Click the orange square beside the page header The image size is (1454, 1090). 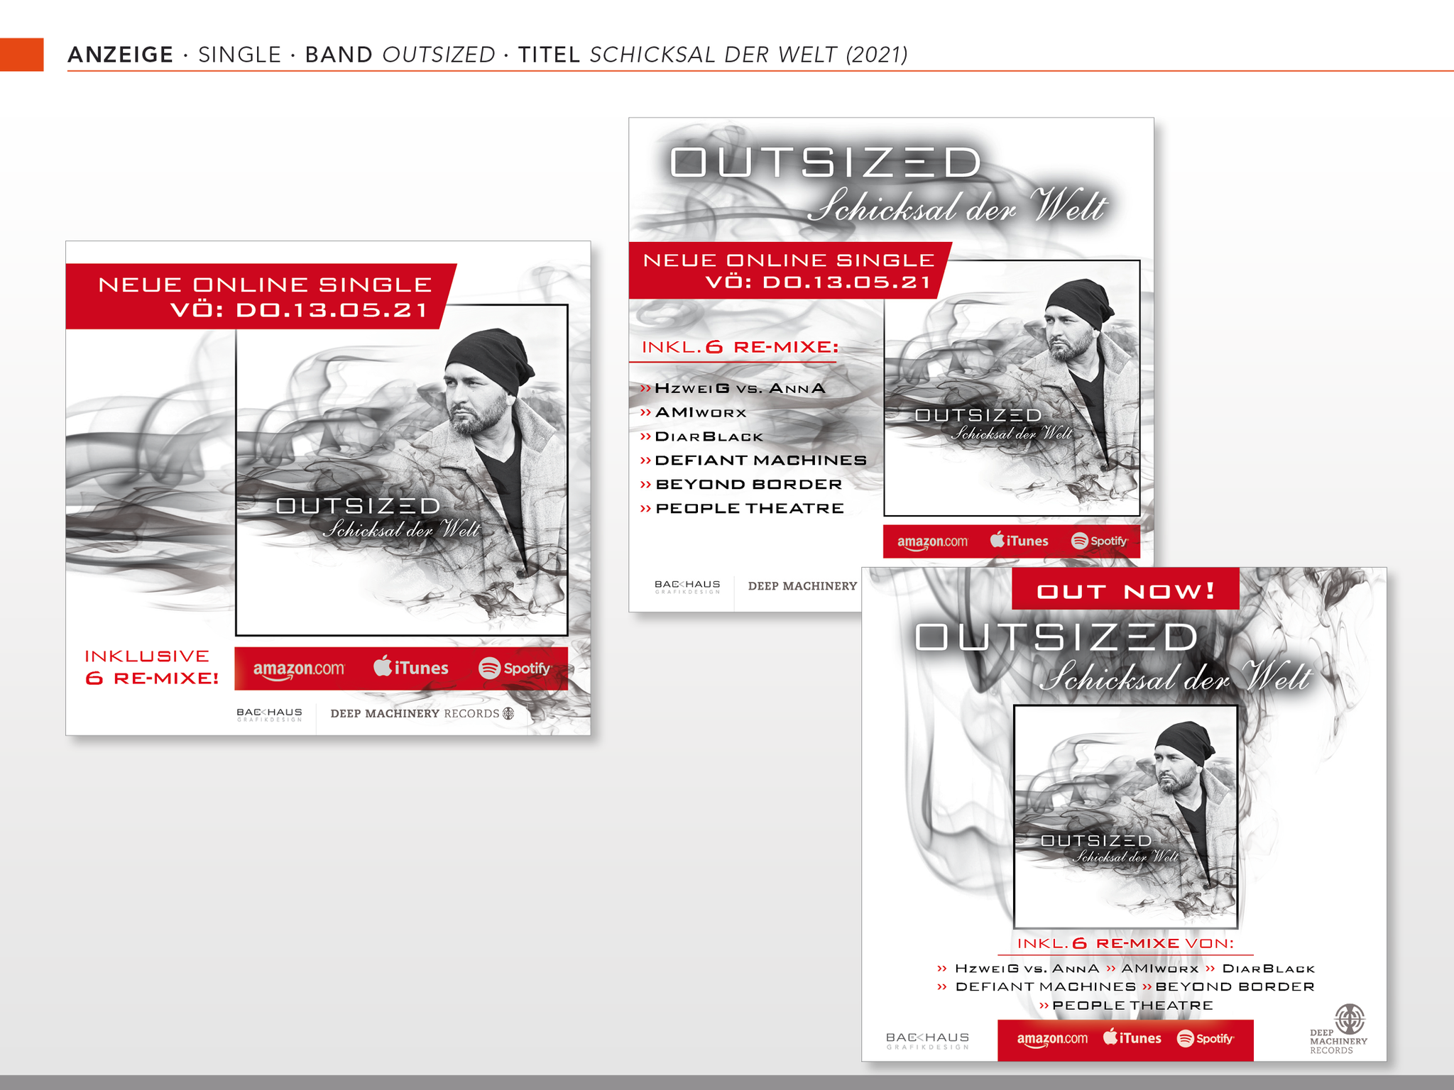21,55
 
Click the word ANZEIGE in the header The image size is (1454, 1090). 121,55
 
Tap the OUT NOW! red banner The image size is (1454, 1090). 1125,589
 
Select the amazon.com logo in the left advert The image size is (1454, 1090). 299,669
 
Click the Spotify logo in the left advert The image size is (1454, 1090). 515,668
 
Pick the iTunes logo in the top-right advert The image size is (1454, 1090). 1019,540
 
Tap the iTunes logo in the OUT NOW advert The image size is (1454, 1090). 1132,1037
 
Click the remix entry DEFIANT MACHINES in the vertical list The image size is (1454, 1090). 760,461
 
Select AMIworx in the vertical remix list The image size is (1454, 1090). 701,412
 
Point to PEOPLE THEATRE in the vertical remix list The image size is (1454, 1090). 750,508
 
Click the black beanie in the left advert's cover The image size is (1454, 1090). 489,359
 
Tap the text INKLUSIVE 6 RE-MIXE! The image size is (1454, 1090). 152,667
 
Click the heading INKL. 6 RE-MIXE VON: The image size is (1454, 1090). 1125,943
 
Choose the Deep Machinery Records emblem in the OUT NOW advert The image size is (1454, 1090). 1349,1019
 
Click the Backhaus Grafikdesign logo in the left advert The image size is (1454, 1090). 269,714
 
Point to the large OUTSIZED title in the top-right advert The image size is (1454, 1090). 826,163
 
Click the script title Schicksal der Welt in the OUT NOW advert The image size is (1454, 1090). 1175,678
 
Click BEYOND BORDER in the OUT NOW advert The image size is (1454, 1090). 1235,986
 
